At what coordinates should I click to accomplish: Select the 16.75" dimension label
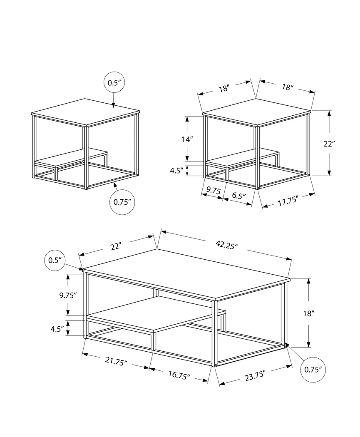pyautogui.click(x=179, y=374)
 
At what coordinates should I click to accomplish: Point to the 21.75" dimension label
pyautogui.click(x=116, y=362)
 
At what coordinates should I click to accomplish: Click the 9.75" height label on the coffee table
pyautogui.click(x=68, y=295)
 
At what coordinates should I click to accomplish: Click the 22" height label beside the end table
pyautogui.click(x=329, y=144)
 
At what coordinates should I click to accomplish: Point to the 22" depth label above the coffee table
pyautogui.click(x=116, y=246)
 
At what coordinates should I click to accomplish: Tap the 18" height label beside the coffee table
pyautogui.click(x=308, y=313)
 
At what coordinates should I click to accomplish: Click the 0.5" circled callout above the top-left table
pyautogui.click(x=114, y=83)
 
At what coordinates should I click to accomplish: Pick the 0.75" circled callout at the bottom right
pyautogui.click(x=313, y=369)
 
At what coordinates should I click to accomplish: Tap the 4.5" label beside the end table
pyautogui.click(x=177, y=171)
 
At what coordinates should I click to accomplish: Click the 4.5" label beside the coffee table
pyautogui.click(x=57, y=328)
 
